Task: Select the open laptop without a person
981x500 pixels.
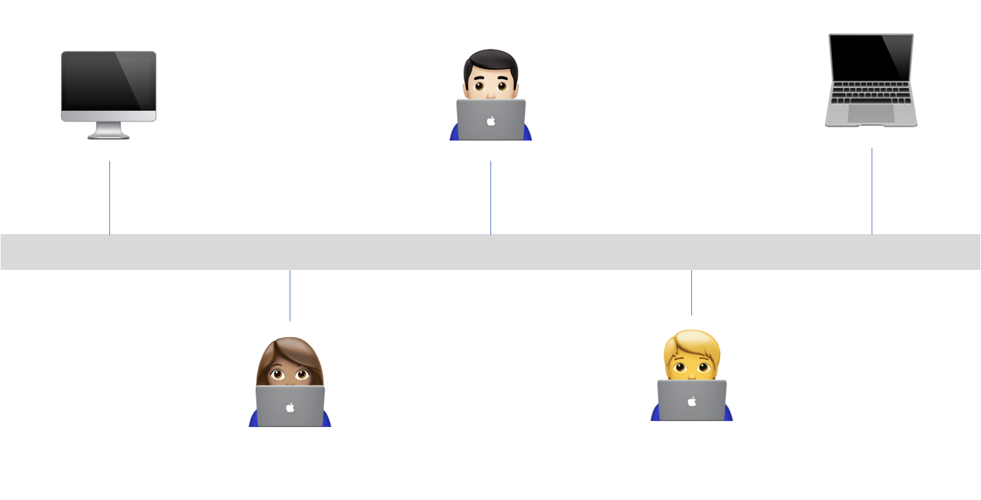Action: tap(871, 80)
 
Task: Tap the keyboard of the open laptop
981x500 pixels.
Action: tap(871, 92)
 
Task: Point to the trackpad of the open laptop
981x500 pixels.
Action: tap(871, 113)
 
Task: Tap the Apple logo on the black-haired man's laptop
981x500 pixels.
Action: tap(490, 121)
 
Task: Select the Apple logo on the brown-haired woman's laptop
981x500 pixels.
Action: tap(290, 407)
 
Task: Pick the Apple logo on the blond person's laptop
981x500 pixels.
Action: tap(692, 401)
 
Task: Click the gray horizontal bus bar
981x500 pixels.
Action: tap(490, 252)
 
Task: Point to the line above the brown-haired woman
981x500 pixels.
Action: tap(290, 296)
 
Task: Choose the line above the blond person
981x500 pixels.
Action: tap(691, 292)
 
